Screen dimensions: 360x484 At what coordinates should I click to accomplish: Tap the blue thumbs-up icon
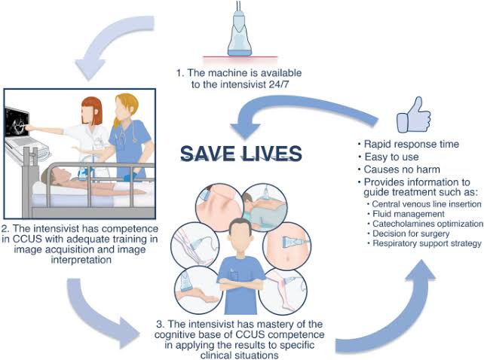click(414, 114)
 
